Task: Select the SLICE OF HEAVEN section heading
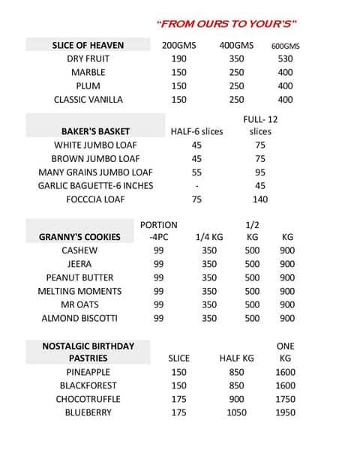(x=88, y=45)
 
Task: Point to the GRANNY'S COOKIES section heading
(x=79, y=237)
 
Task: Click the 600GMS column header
(x=285, y=46)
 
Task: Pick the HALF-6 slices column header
(x=196, y=131)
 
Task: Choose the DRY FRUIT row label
(x=88, y=58)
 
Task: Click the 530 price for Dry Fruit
(x=285, y=58)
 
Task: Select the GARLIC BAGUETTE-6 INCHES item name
(x=95, y=185)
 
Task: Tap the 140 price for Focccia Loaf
(x=260, y=199)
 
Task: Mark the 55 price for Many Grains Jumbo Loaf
(x=196, y=172)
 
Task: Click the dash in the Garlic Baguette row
(x=196, y=185)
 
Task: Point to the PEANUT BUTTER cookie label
(x=79, y=277)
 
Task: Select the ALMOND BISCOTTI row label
(x=79, y=318)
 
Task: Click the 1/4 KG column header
(x=209, y=237)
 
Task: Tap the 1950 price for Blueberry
(x=285, y=412)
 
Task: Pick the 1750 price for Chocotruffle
(x=285, y=399)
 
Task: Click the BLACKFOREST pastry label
(x=88, y=385)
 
